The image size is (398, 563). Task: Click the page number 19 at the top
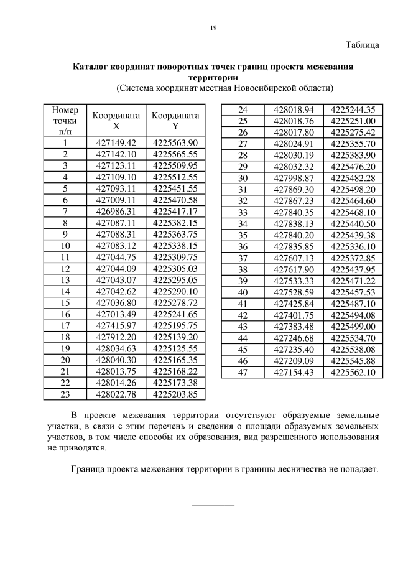point(213,27)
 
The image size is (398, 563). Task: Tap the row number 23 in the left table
point(65,394)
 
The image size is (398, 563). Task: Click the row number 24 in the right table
point(243,109)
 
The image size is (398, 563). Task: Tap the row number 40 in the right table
point(243,292)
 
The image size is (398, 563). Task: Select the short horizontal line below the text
point(213,504)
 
